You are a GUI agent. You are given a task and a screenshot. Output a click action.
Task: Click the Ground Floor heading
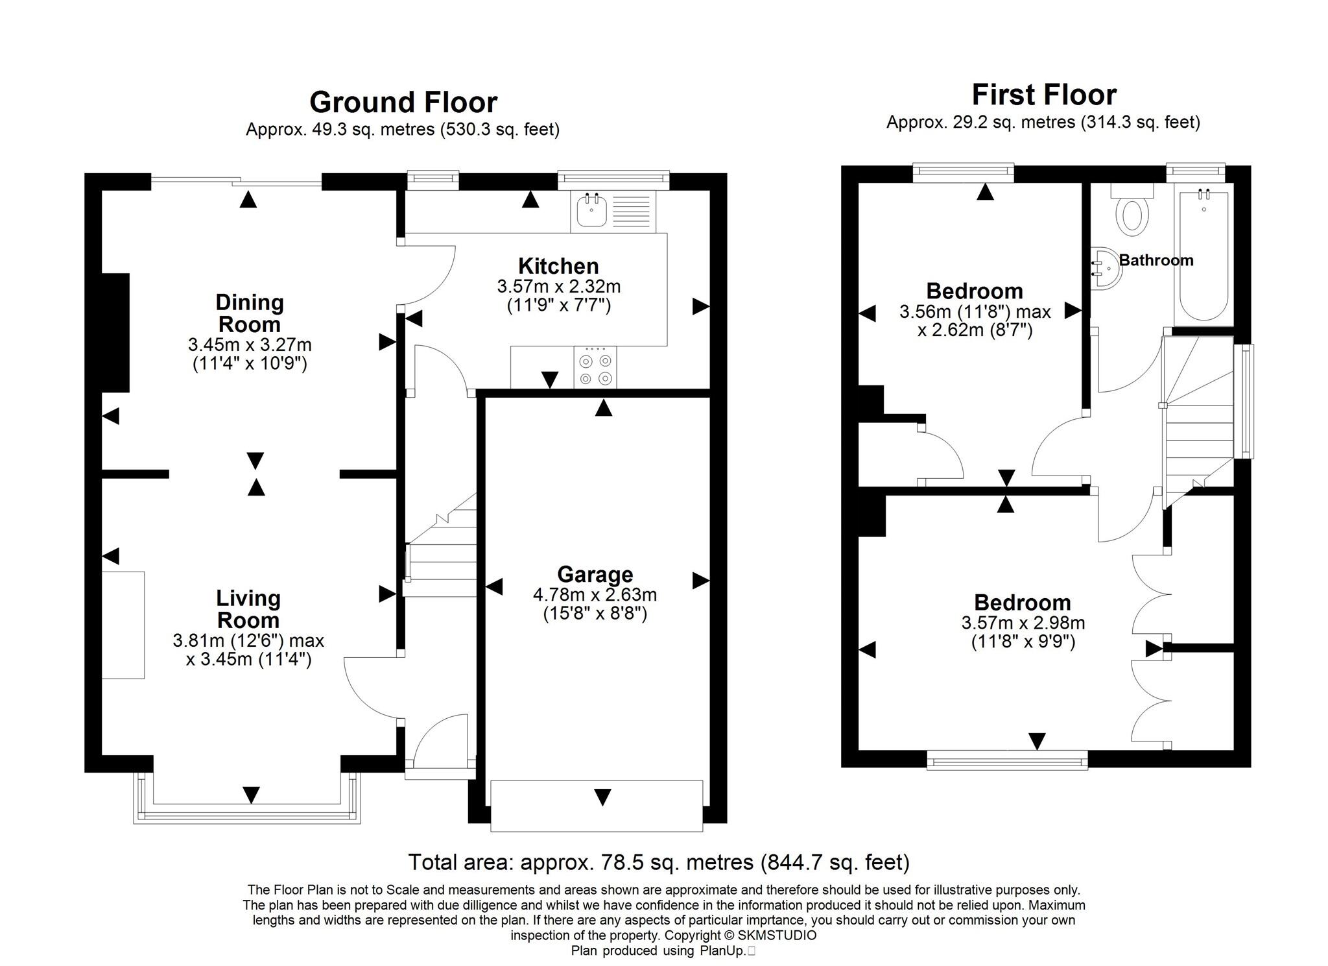tap(403, 103)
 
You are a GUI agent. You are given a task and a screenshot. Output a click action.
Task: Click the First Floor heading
tap(1043, 95)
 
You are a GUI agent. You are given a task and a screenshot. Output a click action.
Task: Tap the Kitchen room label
tap(558, 266)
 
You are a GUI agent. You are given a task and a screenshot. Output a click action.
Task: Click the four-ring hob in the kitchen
tap(595, 369)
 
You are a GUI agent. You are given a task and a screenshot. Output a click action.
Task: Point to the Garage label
tap(595, 575)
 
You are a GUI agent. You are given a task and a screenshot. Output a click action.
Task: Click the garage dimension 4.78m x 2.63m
tap(595, 594)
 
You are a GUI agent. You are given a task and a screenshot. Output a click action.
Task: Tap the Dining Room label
tap(250, 313)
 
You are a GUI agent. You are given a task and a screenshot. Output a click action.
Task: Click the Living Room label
tap(248, 609)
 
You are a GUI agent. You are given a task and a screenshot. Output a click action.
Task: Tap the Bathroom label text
tap(1156, 260)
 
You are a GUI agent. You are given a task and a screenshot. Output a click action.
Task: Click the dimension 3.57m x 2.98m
tap(1023, 623)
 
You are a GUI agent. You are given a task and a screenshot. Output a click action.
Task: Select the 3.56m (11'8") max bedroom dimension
tap(975, 312)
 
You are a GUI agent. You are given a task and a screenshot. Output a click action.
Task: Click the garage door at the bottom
tap(596, 805)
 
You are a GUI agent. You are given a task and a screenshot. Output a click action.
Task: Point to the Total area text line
tap(658, 862)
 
